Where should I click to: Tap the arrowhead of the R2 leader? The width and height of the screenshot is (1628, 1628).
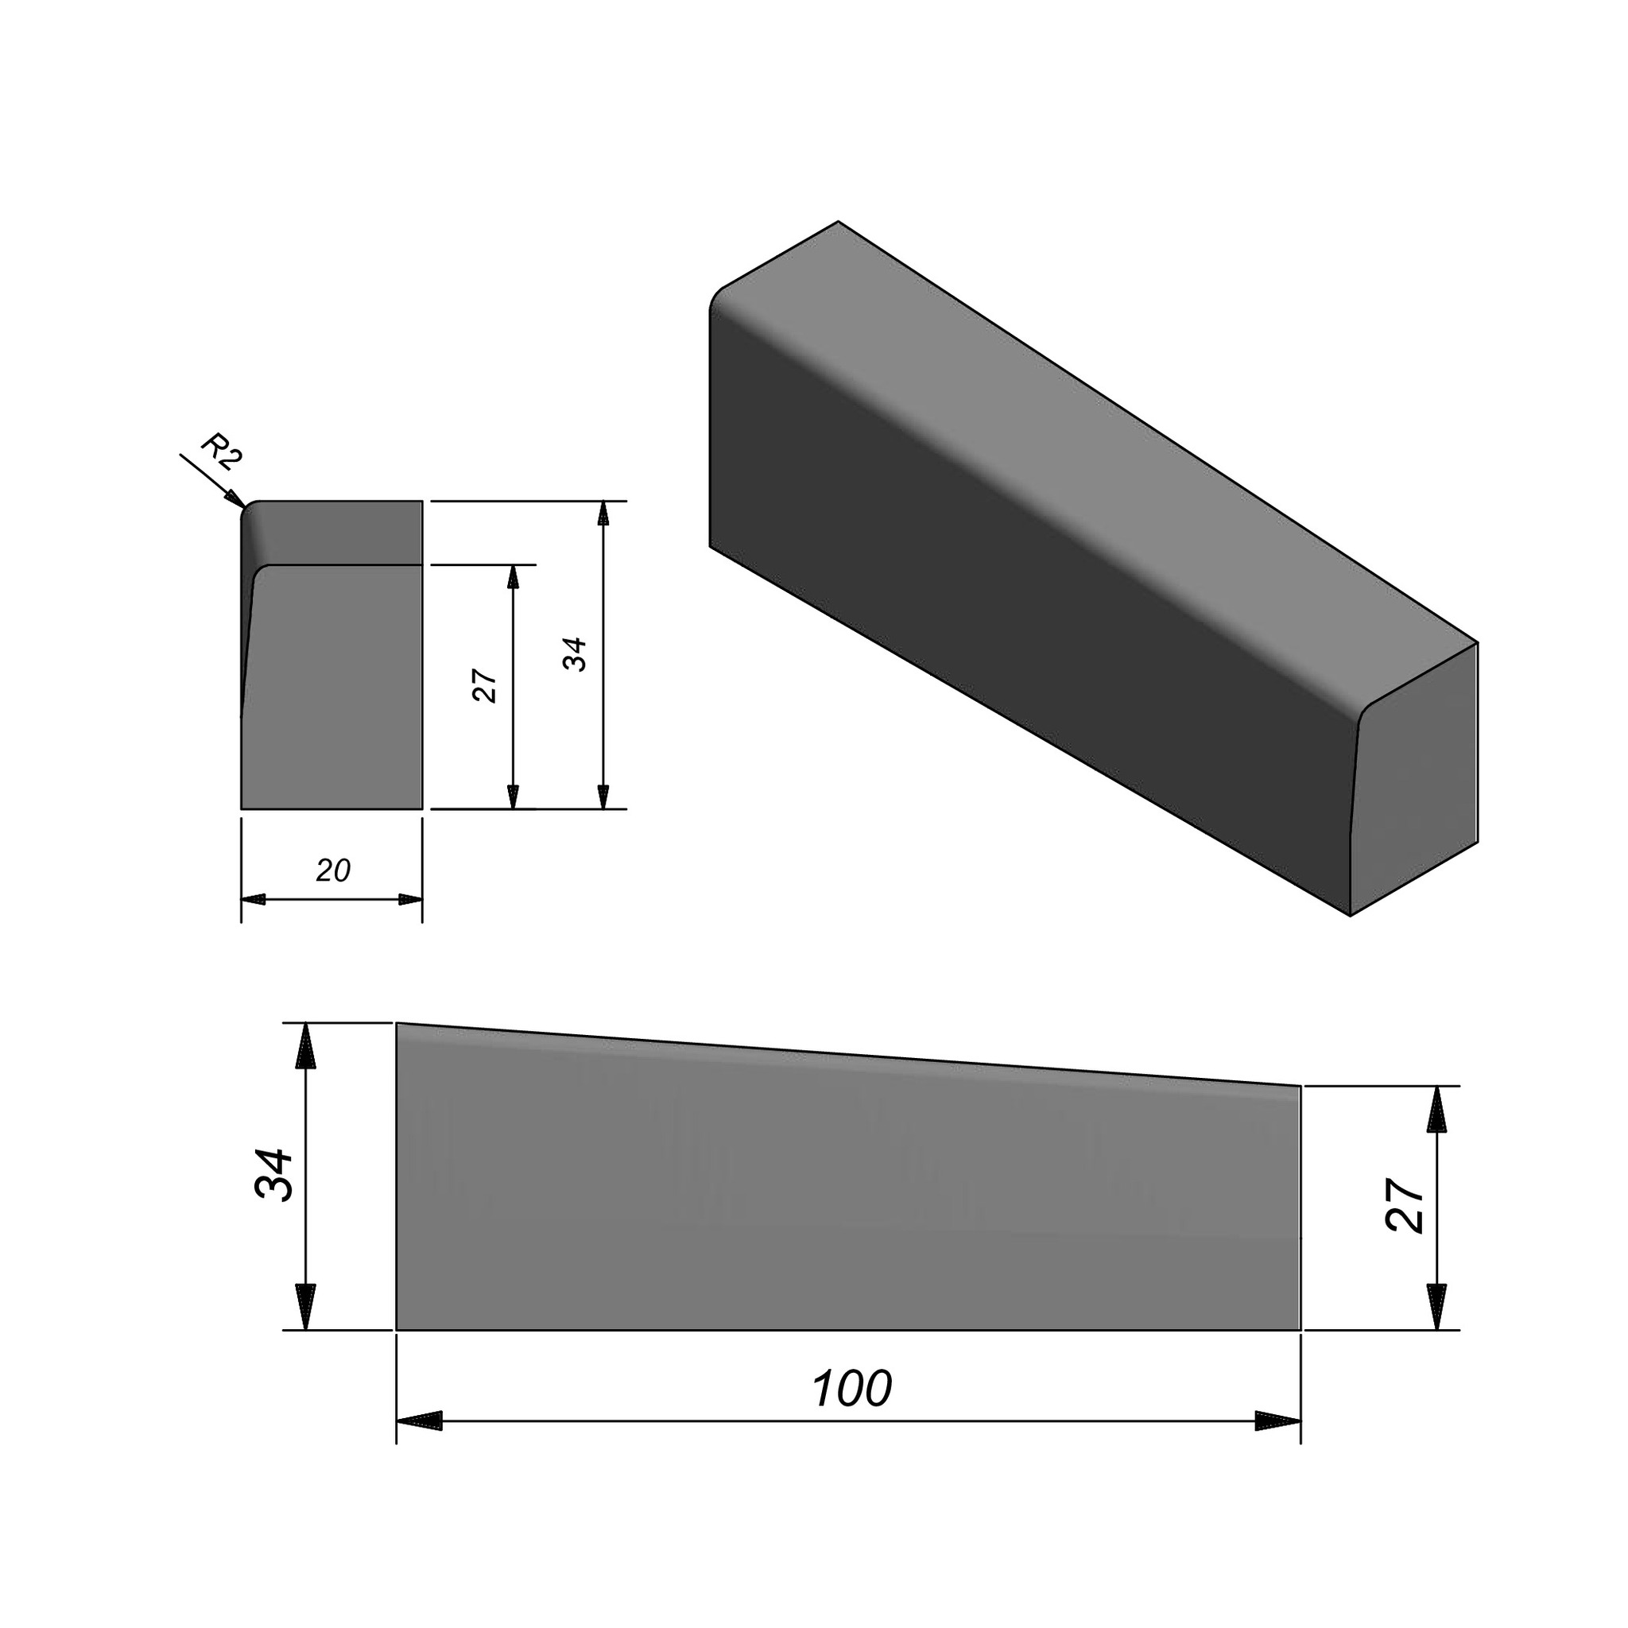[x=236, y=500]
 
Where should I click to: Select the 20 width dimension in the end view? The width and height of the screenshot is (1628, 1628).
[x=333, y=870]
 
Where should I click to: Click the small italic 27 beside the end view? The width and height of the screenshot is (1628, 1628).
[x=486, y=686]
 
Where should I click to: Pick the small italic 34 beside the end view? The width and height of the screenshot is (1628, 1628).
[x=576, y=654]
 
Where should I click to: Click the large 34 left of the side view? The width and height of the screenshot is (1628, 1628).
[x=274, y=1174]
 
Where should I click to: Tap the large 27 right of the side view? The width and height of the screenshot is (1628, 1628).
[x=1405, y=1206]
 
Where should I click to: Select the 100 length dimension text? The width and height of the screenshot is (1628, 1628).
[x=851, y=1389]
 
